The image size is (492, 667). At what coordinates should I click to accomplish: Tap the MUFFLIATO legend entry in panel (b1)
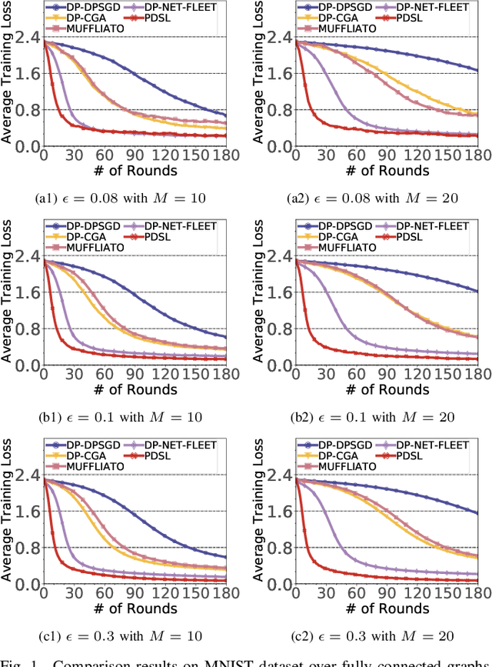pos(85,247)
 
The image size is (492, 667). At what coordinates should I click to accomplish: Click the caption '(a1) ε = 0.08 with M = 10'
pos(121,198)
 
